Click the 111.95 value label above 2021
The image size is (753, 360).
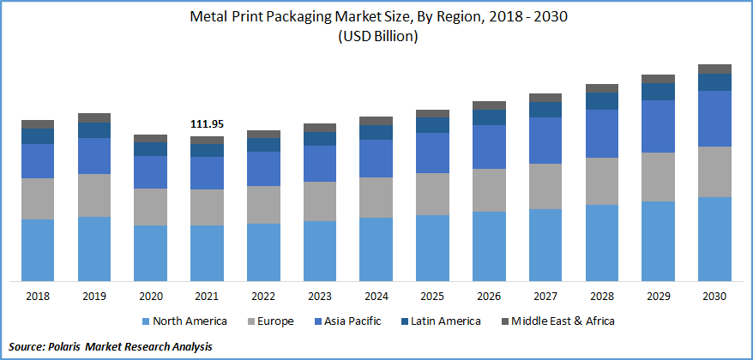tap(207, 125)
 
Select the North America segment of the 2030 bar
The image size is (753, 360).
tap(714, 238)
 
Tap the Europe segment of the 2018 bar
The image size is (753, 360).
tap(38, 199)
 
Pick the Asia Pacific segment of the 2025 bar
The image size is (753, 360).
tap(432, 153)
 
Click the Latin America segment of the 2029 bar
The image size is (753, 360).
tap(658, 92)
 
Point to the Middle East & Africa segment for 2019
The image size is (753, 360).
tap(94, 117)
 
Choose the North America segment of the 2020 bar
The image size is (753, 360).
tap(150, 253)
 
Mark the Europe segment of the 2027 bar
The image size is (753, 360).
tap(545, 186)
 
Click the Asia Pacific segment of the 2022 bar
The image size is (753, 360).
tap(263, 169)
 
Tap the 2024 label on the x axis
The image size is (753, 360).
tap(376, 296)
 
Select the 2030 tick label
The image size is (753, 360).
tap(714, 296)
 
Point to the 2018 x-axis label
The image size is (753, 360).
tap(38, 296)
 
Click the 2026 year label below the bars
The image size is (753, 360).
tap(489, 296)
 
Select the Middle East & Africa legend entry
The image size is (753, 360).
tap(558, 321)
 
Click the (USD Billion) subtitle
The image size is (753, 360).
tap(376, 36)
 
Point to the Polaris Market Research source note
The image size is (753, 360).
tap(108, 346)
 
